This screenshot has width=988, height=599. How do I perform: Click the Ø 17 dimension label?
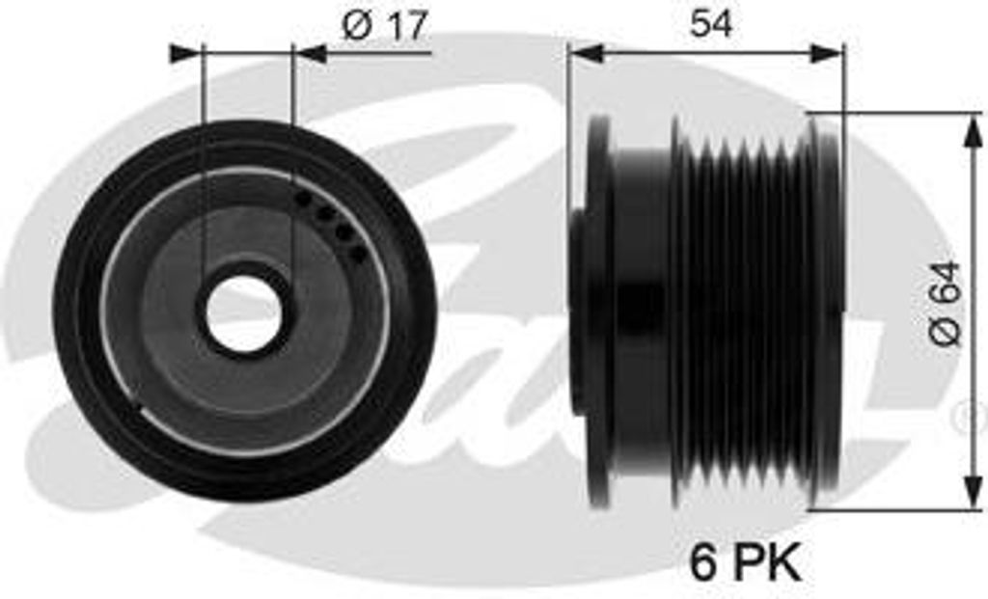pos(383,26)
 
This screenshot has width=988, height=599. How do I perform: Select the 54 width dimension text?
pos(710,24)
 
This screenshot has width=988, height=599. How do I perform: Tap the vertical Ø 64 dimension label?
pos(946,303)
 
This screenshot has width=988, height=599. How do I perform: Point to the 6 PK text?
pos(745,562)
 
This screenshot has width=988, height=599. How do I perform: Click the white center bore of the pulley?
pos(243,313)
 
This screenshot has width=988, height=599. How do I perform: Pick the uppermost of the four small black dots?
pos(303,198)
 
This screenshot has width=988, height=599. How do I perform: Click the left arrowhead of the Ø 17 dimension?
pos(185,54)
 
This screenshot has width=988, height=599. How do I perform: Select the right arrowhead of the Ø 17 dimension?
pos(311,54)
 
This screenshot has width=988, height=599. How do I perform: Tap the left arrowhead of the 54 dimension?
pos(586,54)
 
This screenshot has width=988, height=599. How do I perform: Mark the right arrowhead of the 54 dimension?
pos(827,54)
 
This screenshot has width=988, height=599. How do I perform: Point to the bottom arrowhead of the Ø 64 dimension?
pos(973,492)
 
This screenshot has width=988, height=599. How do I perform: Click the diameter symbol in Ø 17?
pos(356,26)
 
